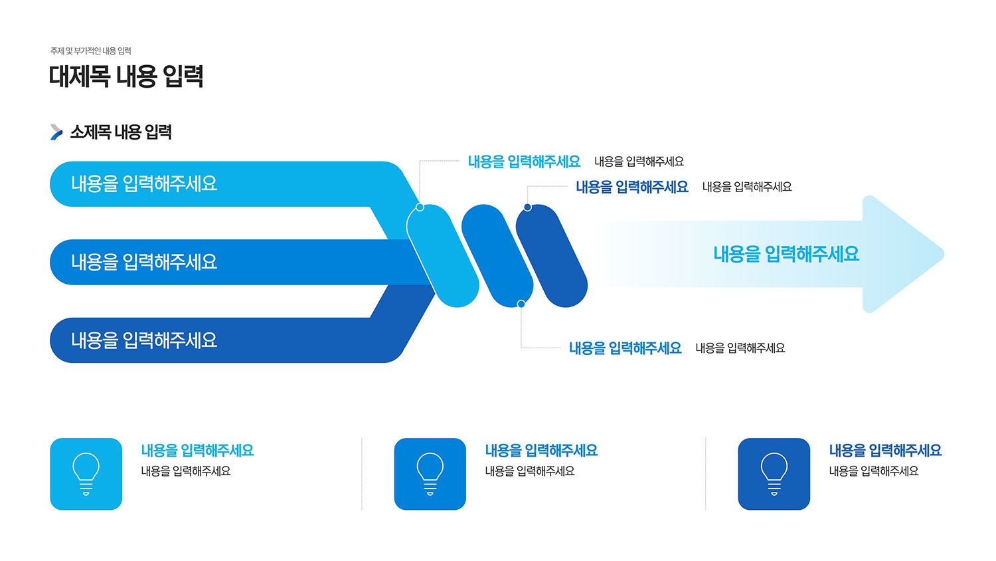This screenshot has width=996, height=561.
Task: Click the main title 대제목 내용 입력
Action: tap(126, 76)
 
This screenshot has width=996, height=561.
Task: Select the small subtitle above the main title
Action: tap(91, 51)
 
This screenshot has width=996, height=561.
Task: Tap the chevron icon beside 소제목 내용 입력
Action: tap(56, 132)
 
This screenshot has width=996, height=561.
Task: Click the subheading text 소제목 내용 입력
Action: tap(121, 132)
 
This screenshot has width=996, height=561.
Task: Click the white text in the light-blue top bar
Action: tap(144, 184)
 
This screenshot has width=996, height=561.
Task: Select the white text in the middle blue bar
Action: tap(144, 262)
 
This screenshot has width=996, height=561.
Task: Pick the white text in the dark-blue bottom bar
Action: tap(144, 340)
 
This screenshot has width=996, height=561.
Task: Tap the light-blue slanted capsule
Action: tap(443, 255)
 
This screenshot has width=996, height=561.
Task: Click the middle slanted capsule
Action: tap(497, 255)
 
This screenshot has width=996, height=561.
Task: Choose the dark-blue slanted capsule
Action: tap(551, 255)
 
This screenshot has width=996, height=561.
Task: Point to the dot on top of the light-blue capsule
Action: tap(420, 207)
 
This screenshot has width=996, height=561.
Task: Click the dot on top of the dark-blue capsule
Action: tap(527, 207)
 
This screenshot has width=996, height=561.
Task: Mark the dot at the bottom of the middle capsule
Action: tap(521, 304)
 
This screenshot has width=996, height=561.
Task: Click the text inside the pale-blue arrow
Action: tap(786, 254)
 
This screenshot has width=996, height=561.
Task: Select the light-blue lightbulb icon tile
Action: tap(86, 474)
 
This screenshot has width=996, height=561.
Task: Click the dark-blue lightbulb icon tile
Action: tap(774, 474)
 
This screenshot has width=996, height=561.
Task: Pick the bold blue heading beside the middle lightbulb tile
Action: tap(541, 451)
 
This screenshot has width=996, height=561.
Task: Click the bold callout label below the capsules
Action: tap(625, 348)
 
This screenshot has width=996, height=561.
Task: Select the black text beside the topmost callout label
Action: tap(639, 162)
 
